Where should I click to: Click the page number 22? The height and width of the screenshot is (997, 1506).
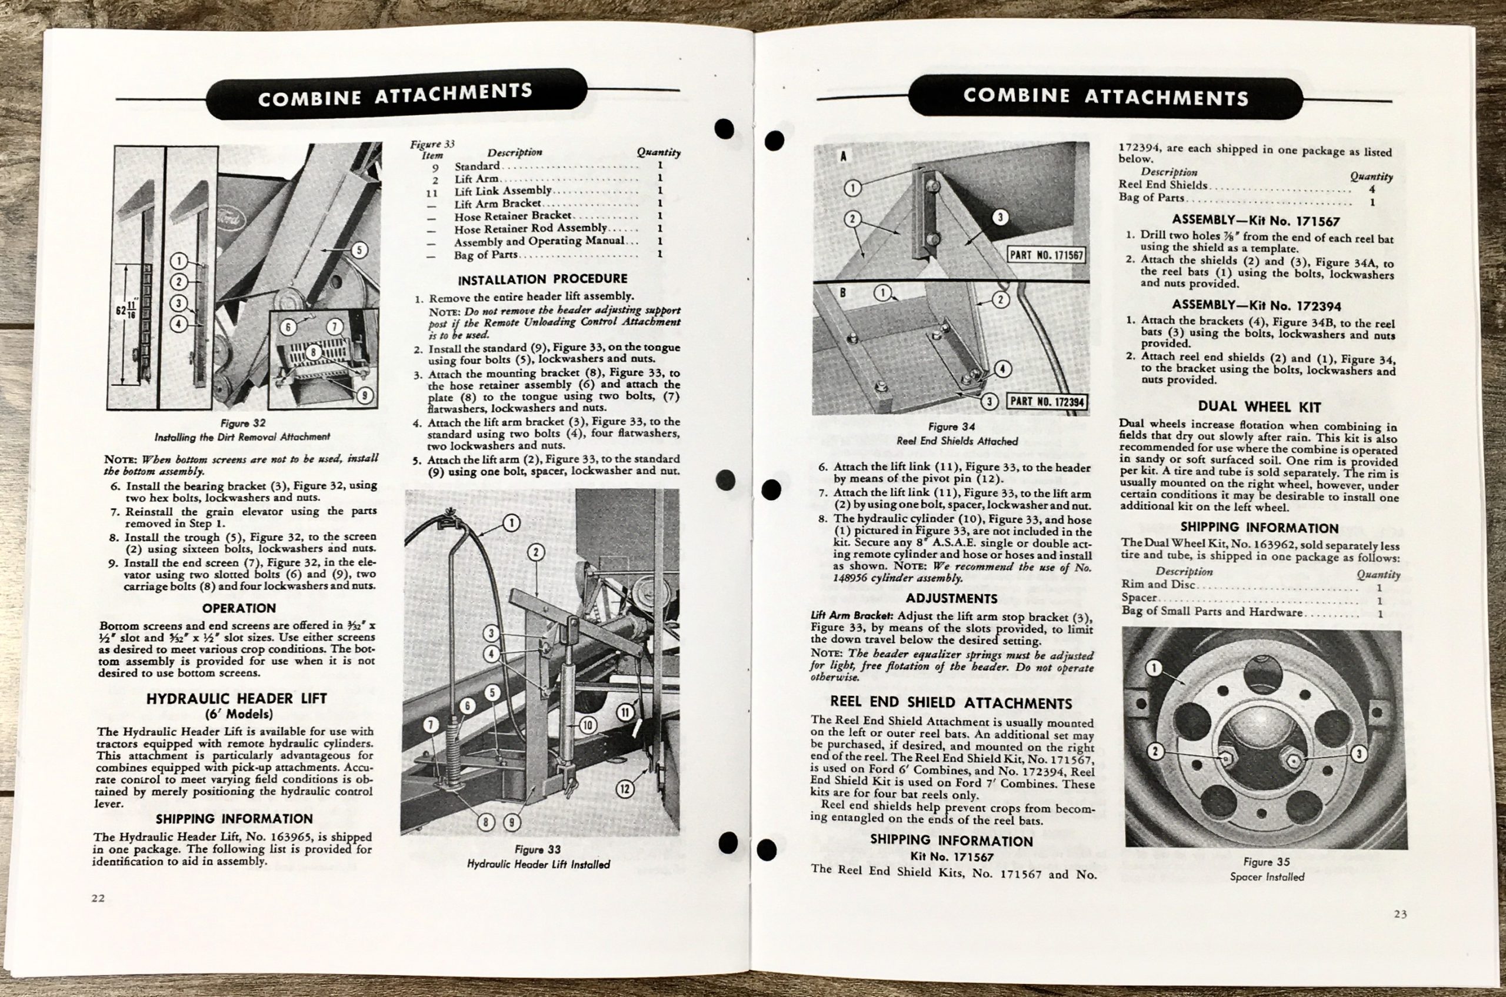pyautogui.click(x=97, y=898)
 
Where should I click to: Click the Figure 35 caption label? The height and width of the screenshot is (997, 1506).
pyautogui.click(x=1266, y=862)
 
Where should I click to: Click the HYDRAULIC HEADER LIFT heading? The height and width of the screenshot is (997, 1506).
pyautogui.click(x=236, y=698)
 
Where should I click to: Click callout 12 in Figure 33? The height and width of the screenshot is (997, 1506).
pyautogui.click(x=625, y=789)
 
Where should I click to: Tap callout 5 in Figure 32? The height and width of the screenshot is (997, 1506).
pyautogui.click(x=359, y=250)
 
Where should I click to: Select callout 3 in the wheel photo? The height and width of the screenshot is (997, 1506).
pyautogui.click(x=1358, y=754)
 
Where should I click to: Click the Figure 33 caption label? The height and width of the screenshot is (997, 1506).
pyautogui.click(x=538, y=849)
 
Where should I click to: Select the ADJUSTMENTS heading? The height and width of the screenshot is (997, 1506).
pyautogui.click(x=951, y=598)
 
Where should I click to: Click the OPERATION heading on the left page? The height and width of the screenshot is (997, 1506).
pyautogui.click(x=238, y=608)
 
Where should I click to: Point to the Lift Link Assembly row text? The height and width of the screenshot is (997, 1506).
pyautogui.click(x=502, y=191)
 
